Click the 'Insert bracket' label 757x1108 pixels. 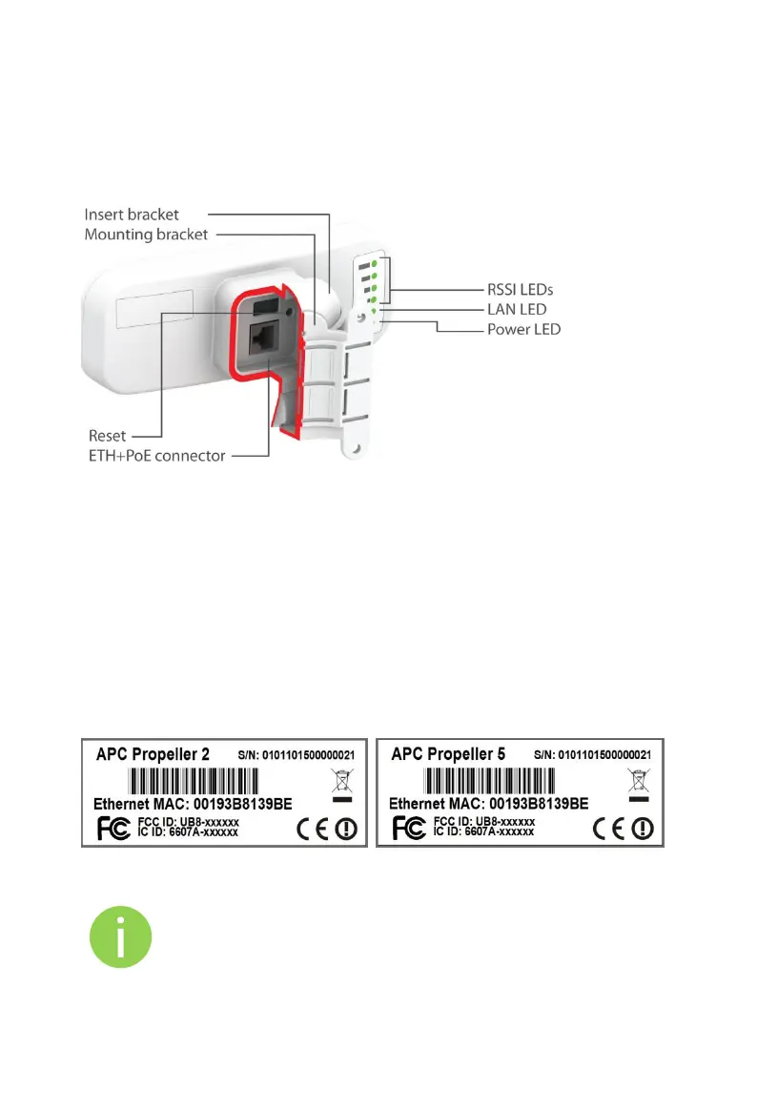(x=132, y=215)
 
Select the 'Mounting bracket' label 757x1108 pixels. (x=146, y=234)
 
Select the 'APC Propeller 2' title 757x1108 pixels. (x=153, y=753)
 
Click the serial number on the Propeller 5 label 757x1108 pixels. (x=588, y=754)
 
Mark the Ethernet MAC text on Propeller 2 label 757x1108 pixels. (x=194, y=804)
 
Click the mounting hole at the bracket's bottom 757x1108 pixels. (x=358, y=445)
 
